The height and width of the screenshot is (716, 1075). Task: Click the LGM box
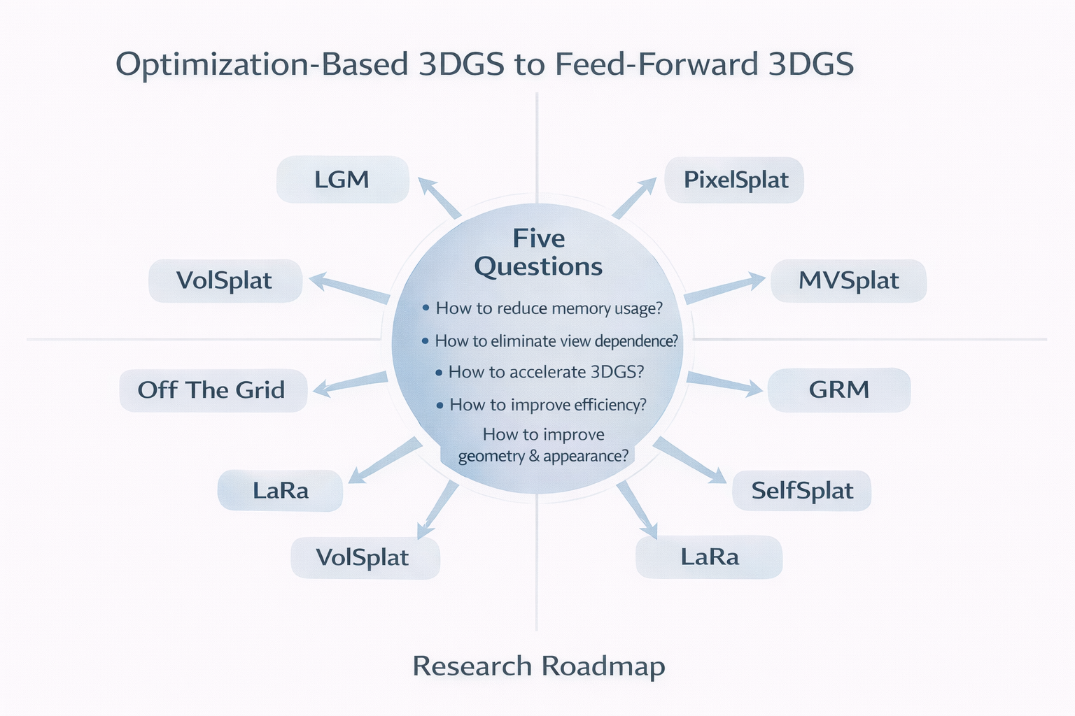pos(342,180)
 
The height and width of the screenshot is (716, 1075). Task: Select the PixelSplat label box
pos(735,180)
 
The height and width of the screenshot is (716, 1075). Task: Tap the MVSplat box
pos(848,280)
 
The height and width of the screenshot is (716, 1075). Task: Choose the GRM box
pos(838,389)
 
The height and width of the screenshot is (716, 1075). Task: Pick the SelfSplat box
pos(801,490)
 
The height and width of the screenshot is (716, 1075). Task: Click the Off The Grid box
pos(212,389)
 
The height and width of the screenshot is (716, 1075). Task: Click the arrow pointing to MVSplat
pos(724,287)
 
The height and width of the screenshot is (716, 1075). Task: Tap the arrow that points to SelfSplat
pos(690,461)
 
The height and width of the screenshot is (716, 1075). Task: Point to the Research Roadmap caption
pos(538,666)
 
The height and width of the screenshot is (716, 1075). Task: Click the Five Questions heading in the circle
pos(538,252)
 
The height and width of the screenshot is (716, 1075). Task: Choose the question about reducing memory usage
pos(543,308)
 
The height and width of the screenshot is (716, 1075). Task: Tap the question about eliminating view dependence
pos(550,341)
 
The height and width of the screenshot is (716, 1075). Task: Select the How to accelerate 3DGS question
pos(540,372)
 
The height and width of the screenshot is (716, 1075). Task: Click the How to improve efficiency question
pos(541,404)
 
